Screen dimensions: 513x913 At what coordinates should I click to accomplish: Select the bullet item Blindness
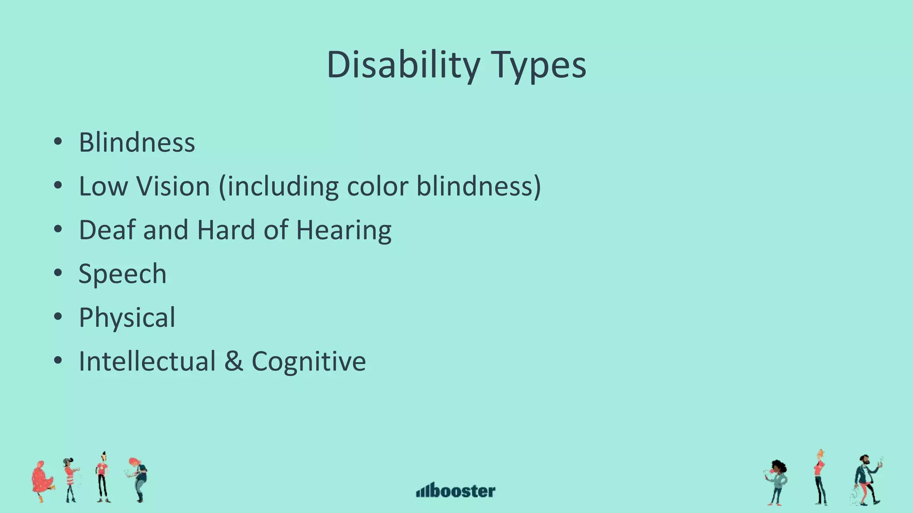point(137,142)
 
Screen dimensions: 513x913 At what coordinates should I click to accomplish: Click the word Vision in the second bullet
point(173,186)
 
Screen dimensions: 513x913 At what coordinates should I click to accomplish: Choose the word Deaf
point(107,230)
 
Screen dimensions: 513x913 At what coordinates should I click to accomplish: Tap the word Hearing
point(344,231)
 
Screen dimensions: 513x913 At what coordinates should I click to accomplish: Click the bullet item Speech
point(123,273)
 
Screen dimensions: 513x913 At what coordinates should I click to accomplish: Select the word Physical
point(127,318)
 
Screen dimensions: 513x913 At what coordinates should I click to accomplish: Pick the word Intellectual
point(147,361)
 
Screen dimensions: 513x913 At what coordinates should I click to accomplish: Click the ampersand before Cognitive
point(234,361)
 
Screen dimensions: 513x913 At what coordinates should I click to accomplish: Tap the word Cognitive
point(308,361)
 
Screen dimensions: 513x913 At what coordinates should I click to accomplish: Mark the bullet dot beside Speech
point(58,273)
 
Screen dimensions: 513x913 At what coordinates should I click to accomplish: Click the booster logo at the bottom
point(456,490)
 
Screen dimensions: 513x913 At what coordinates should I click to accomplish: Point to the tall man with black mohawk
point(103,476)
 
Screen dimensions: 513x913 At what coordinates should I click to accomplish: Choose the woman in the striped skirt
point(70,480)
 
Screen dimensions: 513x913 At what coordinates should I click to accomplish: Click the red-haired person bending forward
point(139,479)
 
